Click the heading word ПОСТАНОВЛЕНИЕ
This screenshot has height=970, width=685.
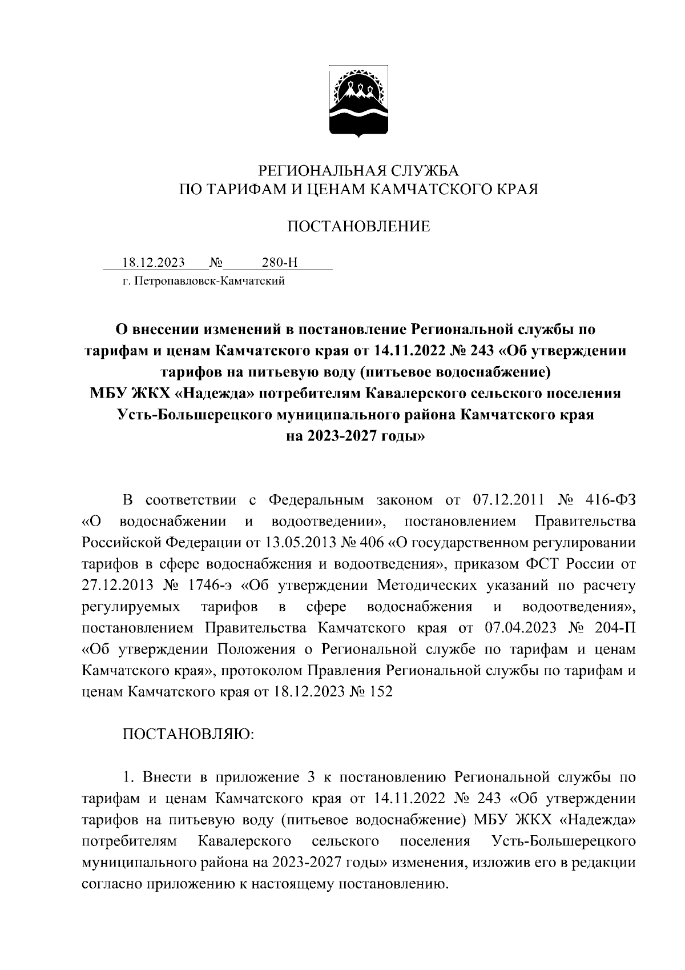[358, 227]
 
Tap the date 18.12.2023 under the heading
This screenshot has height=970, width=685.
[154, 263]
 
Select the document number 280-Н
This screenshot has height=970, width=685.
[280, 263]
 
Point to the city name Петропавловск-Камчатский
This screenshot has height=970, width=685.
[208, 280]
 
